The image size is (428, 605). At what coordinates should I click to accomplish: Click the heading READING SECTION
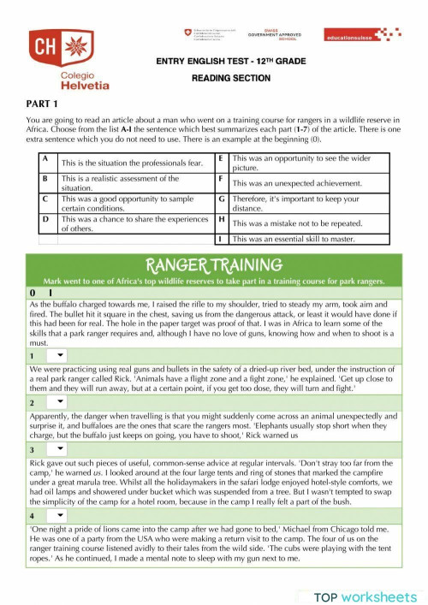[x=230, y=78]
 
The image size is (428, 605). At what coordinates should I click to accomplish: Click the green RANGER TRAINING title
[x=215, y=265]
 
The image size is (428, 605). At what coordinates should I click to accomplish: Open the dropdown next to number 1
[x=61, y=354]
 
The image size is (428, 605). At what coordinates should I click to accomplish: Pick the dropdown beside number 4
[x=61, y=516]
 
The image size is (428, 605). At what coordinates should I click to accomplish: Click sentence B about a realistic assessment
[x=120, y=183]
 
